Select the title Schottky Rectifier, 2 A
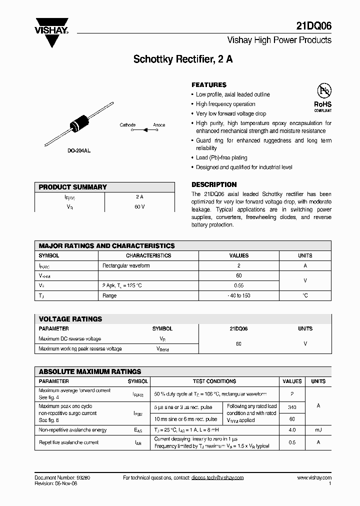182,59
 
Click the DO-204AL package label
79,150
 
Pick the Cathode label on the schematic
127,125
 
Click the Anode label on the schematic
159,125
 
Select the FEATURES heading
209,85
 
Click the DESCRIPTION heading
214,184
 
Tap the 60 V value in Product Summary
139,206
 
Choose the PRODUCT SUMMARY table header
73,187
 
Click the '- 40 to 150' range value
239,295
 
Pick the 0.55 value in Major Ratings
239,285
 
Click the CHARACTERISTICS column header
148,255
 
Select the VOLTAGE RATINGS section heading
70,319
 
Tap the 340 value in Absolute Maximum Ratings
292,407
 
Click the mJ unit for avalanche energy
318,429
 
